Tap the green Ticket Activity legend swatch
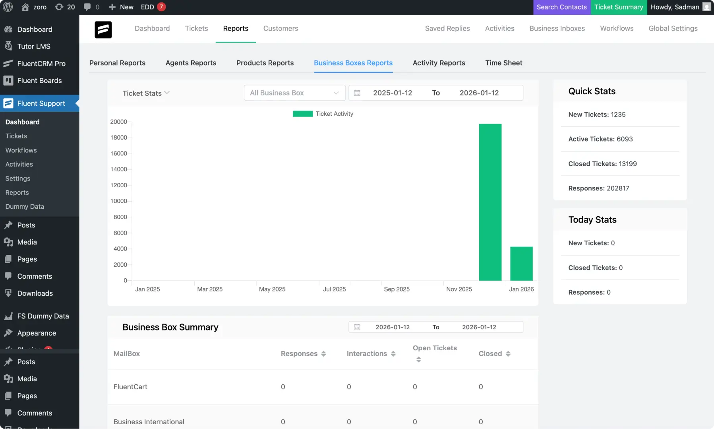[x=302, y=114]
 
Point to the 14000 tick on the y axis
[x=119, y=169]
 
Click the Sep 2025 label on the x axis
[x=397, y=289]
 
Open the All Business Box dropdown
[x=294, y=93]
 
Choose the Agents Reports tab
[x=191, y=63]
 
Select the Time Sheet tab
[x=503, y=63]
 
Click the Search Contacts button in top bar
[x=561, y=7]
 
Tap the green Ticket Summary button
[x=618, y=7]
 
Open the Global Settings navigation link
[x=673, y=29]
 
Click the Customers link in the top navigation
[x=281, y=29]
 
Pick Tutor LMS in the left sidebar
[x=34, y=47]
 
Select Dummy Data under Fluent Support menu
[x=25, y=207]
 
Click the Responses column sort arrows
[x=323, y=354]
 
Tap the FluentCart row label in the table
[x=130, y=387]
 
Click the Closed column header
[x=490, y=354]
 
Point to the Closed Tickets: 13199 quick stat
[x=602, y=164]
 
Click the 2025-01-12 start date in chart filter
[x=392, y=93]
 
